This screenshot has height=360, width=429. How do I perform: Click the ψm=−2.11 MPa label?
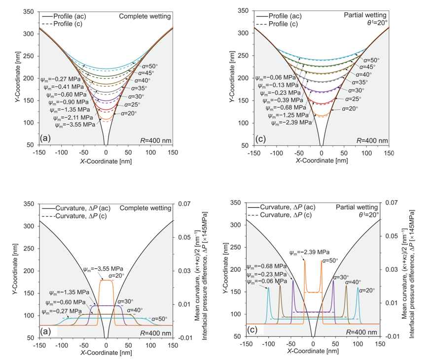coord(72,117)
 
